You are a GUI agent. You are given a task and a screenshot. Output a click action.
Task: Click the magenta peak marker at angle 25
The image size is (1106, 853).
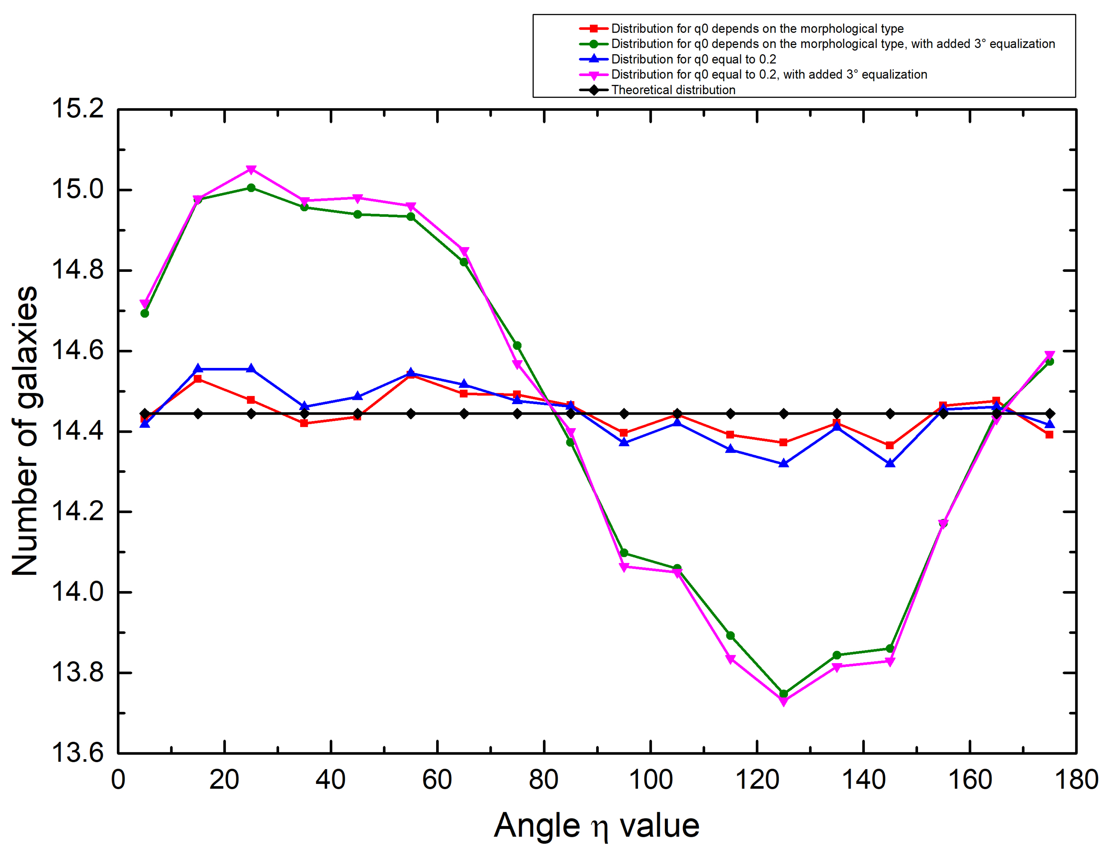pos(251,169)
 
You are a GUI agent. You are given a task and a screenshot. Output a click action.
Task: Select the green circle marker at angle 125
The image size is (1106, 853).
pos(783,693)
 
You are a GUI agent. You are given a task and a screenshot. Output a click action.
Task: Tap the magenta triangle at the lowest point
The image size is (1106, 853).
pos(783,702)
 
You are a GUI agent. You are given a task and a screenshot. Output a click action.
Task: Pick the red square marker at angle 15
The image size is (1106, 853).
pos(198,379)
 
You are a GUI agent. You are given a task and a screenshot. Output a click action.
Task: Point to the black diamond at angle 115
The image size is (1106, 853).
pos(730,414)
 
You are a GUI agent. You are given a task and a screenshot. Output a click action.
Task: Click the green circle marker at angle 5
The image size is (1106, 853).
pos(145,313)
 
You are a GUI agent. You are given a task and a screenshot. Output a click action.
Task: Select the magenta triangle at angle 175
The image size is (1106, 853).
pos(1049,355)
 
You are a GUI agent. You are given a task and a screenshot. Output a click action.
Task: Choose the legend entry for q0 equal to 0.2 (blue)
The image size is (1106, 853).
pos(693,59)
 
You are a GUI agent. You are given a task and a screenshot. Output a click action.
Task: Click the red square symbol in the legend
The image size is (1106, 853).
pos(593,28)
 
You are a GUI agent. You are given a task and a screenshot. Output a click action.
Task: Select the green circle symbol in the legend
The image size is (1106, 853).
pos(593,44)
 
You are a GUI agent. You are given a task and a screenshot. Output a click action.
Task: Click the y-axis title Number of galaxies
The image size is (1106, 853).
pos(25,430)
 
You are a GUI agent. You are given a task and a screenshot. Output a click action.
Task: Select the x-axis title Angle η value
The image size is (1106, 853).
pos(596,826)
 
